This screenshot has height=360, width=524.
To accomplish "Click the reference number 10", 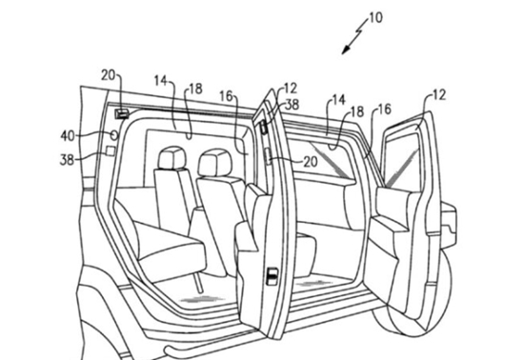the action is pos(375,18).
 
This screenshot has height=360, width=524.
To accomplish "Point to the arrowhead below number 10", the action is pos(346,50).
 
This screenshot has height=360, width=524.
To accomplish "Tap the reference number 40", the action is pos(69,136).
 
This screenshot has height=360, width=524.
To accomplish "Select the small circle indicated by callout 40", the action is pos(114,135).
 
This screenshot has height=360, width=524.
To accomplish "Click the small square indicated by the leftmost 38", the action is pos(111,150).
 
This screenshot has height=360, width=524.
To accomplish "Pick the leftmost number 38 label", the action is pos(67,160).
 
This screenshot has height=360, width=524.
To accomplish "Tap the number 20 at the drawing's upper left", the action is pos(108,75).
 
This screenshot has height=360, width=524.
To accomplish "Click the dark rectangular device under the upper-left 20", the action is pos(122,114).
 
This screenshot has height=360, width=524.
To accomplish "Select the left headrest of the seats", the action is pos(171,158).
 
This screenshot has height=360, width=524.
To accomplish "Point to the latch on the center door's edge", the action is pos(272,276).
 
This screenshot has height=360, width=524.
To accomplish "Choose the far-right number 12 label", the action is pos(439,95).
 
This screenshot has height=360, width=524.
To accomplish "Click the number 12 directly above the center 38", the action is pos(290,89).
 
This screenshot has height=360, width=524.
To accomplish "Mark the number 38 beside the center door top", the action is pos(292,105).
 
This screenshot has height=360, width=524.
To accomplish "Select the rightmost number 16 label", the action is pos(384,110).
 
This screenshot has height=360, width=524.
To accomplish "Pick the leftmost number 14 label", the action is pos(160,81).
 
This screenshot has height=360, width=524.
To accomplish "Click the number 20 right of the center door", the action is pos(311,162).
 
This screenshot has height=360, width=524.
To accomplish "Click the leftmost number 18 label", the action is pos(196,89).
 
